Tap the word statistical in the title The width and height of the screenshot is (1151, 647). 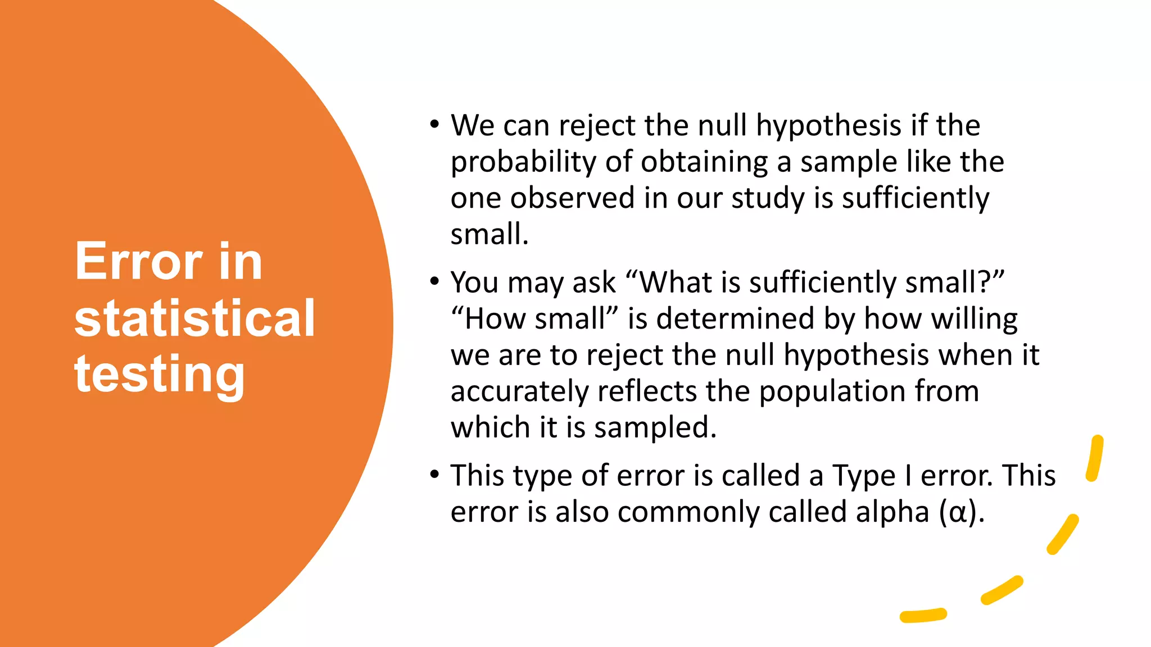194,318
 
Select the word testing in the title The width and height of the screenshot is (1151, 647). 160,375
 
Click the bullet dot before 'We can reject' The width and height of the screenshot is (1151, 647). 434,125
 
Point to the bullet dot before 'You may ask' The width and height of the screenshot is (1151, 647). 434,281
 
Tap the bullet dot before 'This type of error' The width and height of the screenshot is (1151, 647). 434,475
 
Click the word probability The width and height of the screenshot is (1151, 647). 523,163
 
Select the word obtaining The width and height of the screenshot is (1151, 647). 704,162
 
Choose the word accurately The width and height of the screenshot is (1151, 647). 519,391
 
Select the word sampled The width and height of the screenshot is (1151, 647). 655,428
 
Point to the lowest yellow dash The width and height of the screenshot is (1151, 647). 923,616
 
